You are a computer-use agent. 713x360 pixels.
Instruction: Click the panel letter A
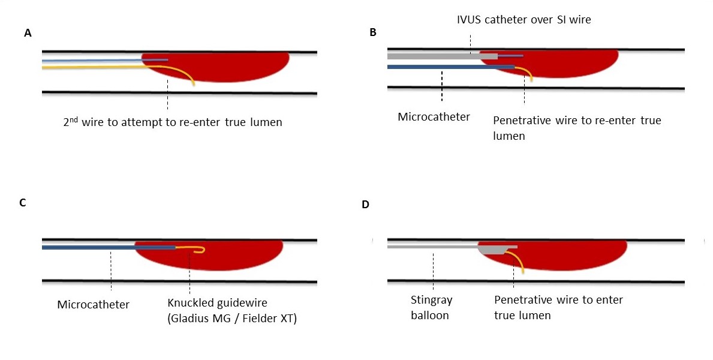pos(28,34)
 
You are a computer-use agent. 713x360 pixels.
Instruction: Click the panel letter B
pos(373,32)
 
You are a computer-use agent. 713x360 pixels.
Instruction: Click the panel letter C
pos(23,202)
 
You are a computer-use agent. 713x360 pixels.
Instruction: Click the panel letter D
pos(366,204)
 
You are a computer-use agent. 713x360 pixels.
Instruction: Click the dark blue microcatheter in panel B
pos(450,67)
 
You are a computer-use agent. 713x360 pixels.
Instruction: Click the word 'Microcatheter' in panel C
pos(93,305)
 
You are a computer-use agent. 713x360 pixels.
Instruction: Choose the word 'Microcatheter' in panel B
pos(434,116)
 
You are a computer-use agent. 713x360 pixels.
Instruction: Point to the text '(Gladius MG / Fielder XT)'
pos(233,319)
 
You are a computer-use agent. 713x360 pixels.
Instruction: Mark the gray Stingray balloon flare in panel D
pos(495,249)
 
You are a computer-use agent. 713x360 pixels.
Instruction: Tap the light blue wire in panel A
pos(90,61)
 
